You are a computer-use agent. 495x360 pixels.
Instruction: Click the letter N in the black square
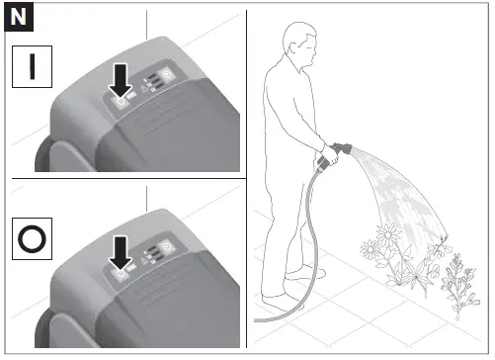19,19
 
